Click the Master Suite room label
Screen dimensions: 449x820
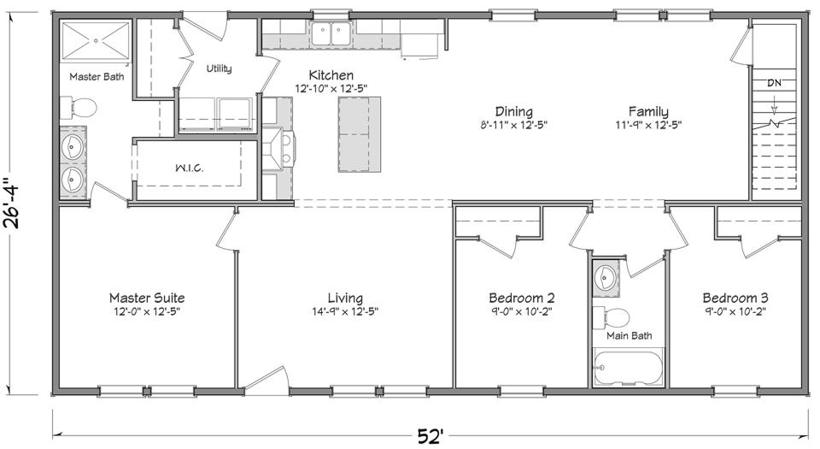pyautogui.click(x=146, y=298)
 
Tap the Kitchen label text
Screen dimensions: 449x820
pyautogui.click(x=331, y=75)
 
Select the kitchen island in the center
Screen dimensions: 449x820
pyautogui.click(x=360, y=134)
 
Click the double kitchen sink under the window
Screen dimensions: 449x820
pyautogui.click(x=329, y=34)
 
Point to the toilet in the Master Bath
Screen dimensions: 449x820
pyautogui.click(x=81, y=108)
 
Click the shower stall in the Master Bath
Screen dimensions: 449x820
pyautogui.click(x=93, y=41)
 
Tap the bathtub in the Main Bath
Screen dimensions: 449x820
pyautogui.click(x=627, y=372)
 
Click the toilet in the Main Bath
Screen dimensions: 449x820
pyautogui.click(x=612, y=317)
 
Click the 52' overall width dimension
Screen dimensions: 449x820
pyautogui.click(x=430, y=436)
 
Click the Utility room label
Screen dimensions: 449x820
pyautogui.click(x=219, y=69)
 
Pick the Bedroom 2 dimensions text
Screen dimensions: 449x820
pyautogui.click(x=521, y=312)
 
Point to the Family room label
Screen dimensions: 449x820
pyautogui.click(x=648, y=111)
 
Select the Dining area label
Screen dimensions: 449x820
pyautogui.click(x=513, y=111)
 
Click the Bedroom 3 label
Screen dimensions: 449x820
pyautogui.click(x=735, y=298)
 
